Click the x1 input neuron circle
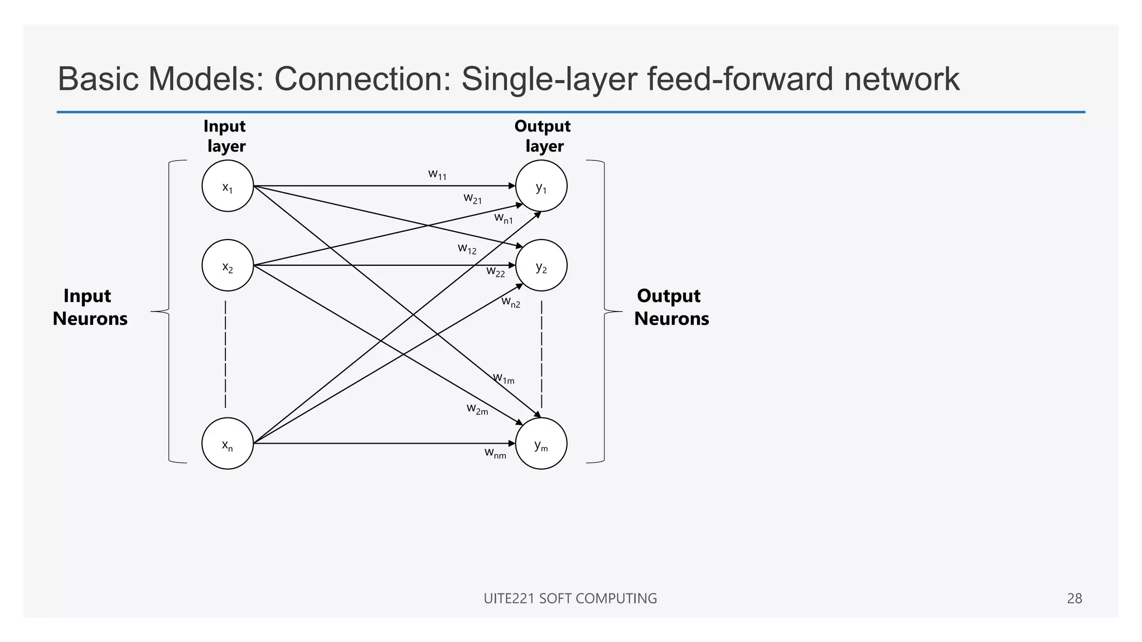[x=228, y=186]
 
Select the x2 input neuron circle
[x=228, y=265]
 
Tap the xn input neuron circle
[x=228, y=444]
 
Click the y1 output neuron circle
[x=541, y=186]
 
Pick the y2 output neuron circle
[x=541, y=265]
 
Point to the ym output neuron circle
[x=541, y=444]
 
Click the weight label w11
[x=437, y=174]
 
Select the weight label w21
[x=472, y=198]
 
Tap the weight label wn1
[x=503, y=218]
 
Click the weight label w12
[x=467, y=249]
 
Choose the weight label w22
[x=495, y=271]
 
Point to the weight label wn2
[x=510, y=302]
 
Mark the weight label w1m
[x=504, y=378]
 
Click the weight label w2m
[x=477, y=409]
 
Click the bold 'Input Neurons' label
[x=90, y=307]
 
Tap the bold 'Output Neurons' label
[x=671, y=307]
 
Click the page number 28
[x=1074, y=599]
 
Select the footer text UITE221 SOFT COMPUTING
[x=570, y=599]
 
